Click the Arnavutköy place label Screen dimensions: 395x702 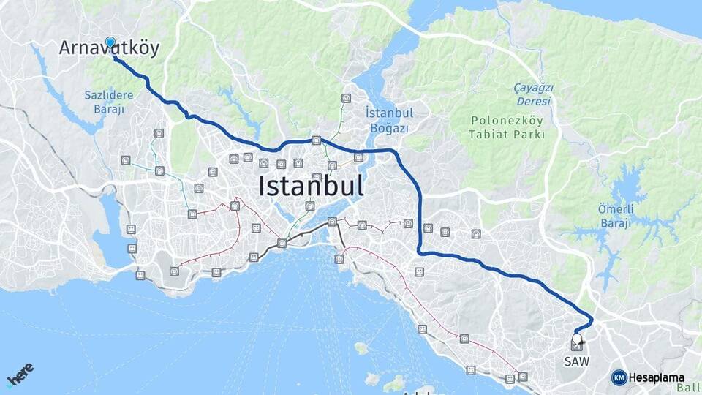(x=109, y=48)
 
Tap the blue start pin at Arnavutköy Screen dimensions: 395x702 (x=110, y=42)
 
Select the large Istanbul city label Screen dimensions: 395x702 (x=311, y=186)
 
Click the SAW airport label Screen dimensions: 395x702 (x=576, y=361)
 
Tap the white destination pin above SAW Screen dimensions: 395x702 (x=578, y=339)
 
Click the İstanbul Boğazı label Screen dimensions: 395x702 (x=389, y=120)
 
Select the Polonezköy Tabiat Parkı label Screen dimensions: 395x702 (x=508, y=127)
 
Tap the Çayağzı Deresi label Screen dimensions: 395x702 (x=533, y=94)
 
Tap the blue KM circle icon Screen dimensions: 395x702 (x=619, y=377)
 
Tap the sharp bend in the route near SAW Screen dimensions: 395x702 (x=591, y=320)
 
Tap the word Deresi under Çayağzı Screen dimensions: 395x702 (x=533, y=101)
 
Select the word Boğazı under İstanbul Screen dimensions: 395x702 (x=389, y=128)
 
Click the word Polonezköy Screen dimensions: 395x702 (x=508, y=121)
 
